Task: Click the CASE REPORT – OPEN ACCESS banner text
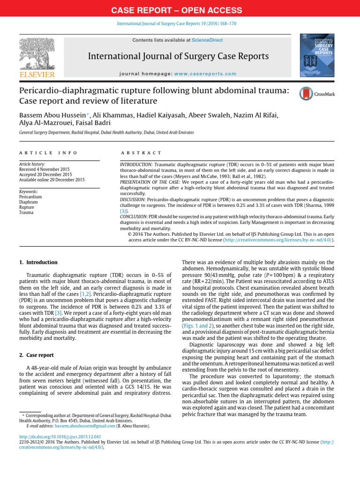pos(180,10)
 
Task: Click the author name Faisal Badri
pos(97,124)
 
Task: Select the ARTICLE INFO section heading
pos(48,153)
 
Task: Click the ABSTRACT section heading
pos(141,153)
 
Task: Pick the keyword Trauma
pos(26,212)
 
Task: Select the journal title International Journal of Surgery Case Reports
pos(179,57)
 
